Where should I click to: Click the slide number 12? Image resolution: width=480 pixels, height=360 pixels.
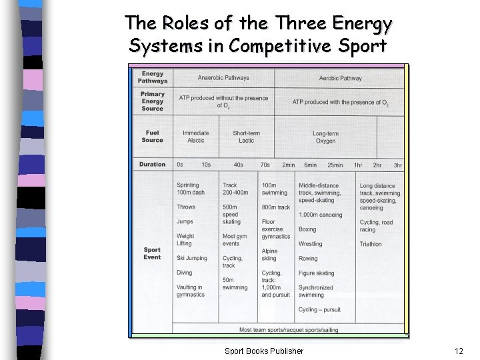point(458,351)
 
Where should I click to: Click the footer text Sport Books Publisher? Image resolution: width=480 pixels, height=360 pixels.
point(263,351)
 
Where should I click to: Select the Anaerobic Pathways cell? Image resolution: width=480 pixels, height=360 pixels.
point(223,78)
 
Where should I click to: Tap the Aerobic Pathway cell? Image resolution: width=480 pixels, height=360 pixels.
point(340,78)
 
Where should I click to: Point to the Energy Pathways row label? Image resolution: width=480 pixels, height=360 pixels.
point(153,77)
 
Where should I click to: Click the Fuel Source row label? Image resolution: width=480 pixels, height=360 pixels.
point(152,136)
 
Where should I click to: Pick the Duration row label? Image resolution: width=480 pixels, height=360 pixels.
point(153,164)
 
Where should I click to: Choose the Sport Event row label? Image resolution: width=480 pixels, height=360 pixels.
point(152,253)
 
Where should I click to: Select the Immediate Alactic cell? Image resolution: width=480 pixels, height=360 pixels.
point(196,137)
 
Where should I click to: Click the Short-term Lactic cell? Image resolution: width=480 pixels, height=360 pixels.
point(247,137)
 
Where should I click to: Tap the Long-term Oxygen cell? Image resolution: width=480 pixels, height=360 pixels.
point(325,137)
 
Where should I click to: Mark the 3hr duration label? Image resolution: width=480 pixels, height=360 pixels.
point(397,165)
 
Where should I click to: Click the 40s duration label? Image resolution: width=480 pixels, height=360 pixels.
point(238,165)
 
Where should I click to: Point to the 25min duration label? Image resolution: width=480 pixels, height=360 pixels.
point(335,165)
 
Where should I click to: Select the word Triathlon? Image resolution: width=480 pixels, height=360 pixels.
point(371,244)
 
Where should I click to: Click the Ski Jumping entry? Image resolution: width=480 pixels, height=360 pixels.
point(192,258)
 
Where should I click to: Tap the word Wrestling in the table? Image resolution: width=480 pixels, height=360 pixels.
point(310,244)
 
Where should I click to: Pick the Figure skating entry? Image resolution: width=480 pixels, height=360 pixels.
point(316,273)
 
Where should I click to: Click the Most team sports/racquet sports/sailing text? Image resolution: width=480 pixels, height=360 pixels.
point(288,329)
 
